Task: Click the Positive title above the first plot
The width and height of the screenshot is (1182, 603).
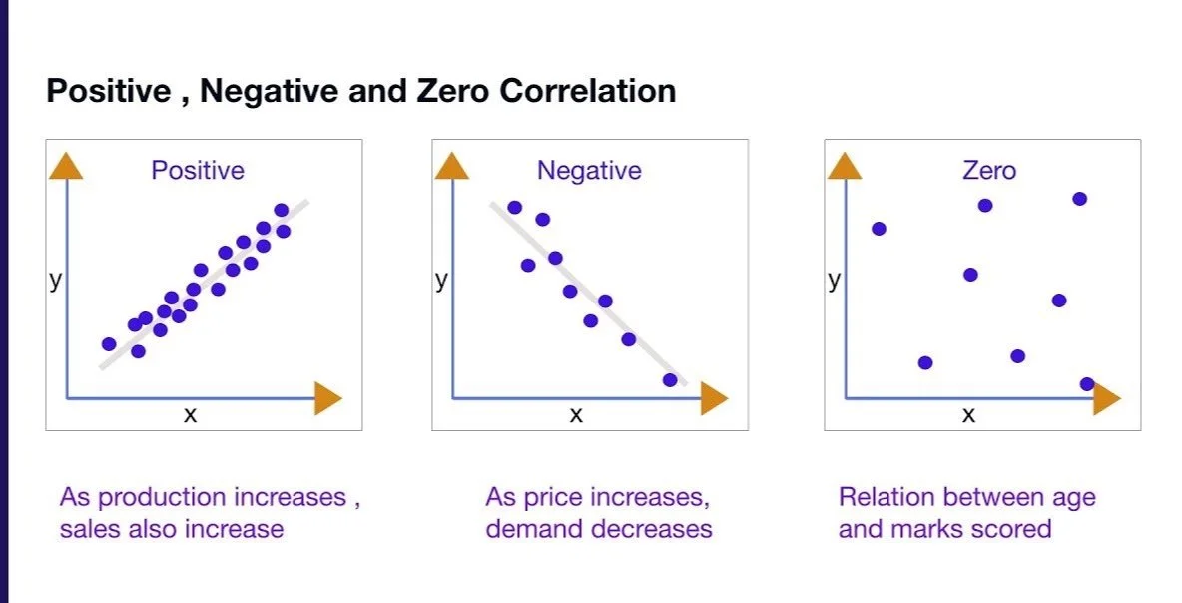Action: [x=198, y=171]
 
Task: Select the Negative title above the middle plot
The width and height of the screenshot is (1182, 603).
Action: [x=589, y=171]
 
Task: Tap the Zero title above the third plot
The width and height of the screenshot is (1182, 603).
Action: [x=988, y=171]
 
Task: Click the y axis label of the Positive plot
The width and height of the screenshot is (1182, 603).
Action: [x=55, y=280]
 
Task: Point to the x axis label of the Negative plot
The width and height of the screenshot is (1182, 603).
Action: [x=576, y=414]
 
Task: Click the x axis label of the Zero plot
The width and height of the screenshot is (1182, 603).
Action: [x=968, y=414]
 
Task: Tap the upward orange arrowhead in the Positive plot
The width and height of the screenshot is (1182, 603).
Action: [x=66, y=166]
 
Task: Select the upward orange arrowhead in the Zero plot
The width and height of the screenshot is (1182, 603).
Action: [x=845, y=166]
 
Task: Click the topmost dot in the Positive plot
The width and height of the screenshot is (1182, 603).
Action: [x=281, y=210]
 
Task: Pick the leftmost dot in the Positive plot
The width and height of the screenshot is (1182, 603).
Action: [x=109, y=344]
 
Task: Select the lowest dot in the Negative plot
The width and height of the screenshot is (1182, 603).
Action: [x=670, y=380]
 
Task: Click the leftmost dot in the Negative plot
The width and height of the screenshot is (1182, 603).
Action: [x=515, y=208]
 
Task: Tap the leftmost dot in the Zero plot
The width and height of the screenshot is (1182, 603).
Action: [x=879, y=229]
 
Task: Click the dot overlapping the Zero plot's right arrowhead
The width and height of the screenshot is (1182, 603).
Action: [x=1087, y=384]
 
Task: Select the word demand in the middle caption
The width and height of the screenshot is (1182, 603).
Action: [x=537, y=528]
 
